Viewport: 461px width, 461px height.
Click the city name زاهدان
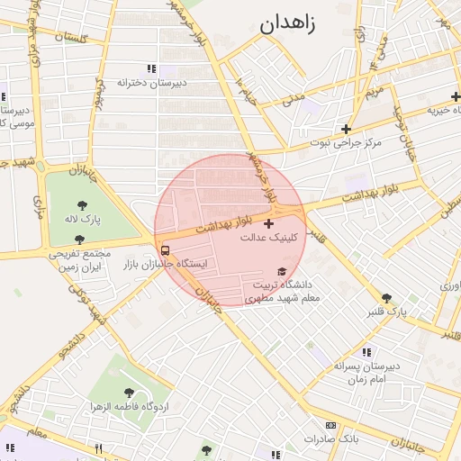[x=288, y=24]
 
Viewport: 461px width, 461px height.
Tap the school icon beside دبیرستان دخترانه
[x=151, y=68]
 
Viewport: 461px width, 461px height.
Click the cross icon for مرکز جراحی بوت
[x=346, y=129]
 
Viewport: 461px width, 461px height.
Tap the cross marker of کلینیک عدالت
[x=268, y=222]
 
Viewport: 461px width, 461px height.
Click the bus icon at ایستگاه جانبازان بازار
[x=165, y=250]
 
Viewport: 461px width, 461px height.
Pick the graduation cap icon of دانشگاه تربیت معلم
[x=282, y=272]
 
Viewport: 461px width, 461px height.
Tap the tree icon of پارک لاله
[x=83, y=204]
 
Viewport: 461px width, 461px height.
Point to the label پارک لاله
[x=83, y=219]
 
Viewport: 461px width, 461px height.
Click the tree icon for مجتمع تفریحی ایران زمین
[x=79, y=240]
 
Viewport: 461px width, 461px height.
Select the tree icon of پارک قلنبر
[x=387, y=298]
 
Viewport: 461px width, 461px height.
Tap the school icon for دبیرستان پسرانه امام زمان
[x=366, y=352]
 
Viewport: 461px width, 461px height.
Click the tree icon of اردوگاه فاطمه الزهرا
[x=130, y=393]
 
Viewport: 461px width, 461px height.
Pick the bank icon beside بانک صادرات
[x=330, y=425]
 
